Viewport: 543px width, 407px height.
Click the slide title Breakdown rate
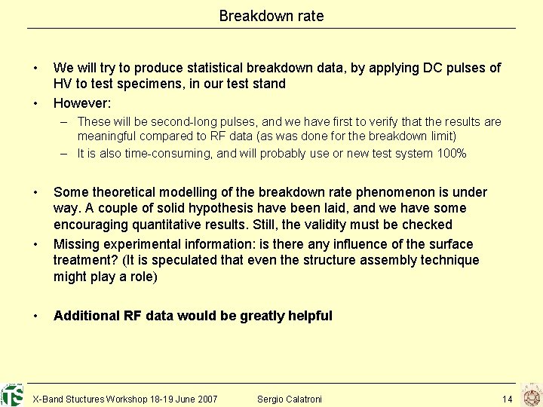click(271, 16)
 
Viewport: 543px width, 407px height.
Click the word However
click(82, 103)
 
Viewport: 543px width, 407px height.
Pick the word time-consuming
click(161, 154)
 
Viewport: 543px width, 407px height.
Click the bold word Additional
click(86, 316)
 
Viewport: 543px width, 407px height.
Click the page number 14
click(507, 399)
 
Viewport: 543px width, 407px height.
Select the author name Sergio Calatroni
click(289, 399)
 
